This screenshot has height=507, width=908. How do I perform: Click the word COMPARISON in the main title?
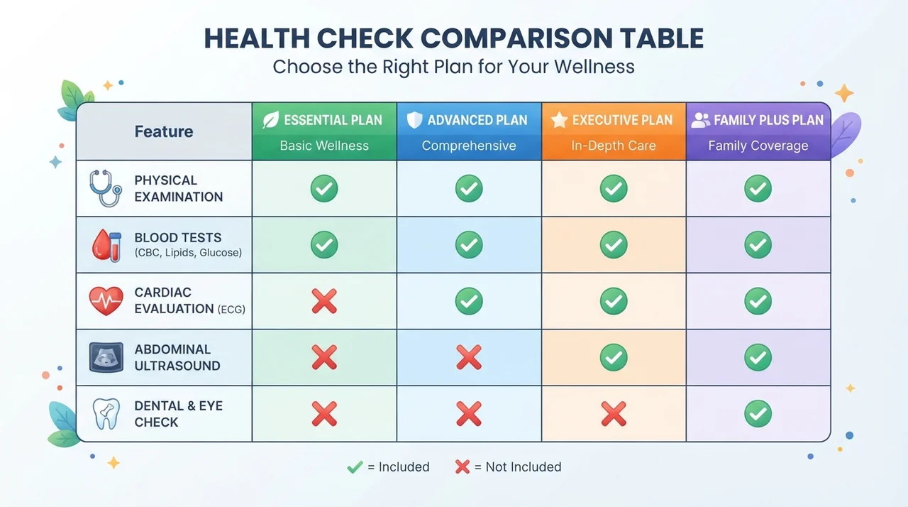point(516,38)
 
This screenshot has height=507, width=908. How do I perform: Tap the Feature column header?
point(164,131)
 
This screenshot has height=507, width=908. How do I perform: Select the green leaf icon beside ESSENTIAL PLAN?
point(270,120)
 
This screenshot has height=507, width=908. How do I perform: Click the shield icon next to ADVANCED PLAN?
point(414,120)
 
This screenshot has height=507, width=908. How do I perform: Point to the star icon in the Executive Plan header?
point(560,120)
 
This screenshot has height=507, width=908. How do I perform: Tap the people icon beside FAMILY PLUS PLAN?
point(701,120)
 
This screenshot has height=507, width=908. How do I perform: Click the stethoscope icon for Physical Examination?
point(106,188)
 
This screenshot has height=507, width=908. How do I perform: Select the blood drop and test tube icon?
point(106,245)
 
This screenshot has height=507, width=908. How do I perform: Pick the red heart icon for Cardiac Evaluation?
point(106,301)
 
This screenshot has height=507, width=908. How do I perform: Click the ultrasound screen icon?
point(106,357)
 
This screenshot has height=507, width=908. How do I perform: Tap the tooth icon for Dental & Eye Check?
point(106,414)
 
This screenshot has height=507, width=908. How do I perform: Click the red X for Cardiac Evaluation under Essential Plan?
point(324,301)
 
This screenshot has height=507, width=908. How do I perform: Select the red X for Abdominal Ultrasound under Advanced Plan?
point(469,357)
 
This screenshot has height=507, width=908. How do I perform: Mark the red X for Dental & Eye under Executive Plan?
point(614,414)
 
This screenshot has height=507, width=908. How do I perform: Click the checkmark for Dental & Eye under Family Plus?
point(758,414)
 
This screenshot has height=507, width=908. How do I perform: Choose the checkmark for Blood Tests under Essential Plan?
point(324,245)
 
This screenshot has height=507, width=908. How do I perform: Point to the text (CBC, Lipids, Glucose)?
point(188,253)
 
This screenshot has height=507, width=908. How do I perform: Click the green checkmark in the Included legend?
point(355,467)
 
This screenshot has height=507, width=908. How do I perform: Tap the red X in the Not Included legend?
point(463,467)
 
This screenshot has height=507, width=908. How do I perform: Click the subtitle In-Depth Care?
point(614,146)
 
